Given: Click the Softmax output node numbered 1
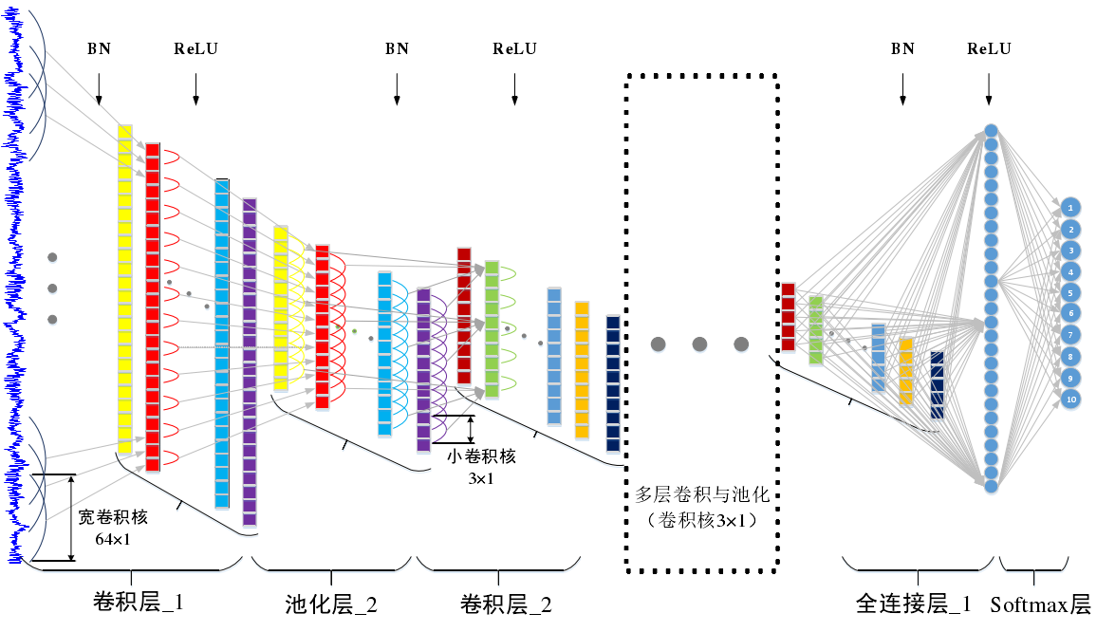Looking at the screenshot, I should point(1070,206).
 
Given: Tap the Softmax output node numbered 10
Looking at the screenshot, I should point(1070,400).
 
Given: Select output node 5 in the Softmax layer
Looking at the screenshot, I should point(1070,292).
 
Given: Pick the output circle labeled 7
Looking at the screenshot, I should point(1070,335).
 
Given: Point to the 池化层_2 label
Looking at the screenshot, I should point(331,604).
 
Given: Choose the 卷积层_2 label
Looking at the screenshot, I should point(505,604).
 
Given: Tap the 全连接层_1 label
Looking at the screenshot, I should point(914,604).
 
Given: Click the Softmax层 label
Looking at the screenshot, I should point(1040,604).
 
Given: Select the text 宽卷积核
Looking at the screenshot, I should point(113,518).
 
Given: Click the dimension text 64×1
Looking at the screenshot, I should point(113,539).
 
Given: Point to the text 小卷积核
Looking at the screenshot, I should point(481,456).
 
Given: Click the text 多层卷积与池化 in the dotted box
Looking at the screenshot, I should point(701,495).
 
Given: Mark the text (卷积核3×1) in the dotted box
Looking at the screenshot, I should point(701,520).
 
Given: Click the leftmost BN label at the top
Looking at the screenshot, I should point(99,49).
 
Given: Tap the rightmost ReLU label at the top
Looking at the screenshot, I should point(989,49).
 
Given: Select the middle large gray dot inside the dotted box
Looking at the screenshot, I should point(699,344).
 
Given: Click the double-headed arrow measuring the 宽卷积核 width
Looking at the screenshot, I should point(71,517).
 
